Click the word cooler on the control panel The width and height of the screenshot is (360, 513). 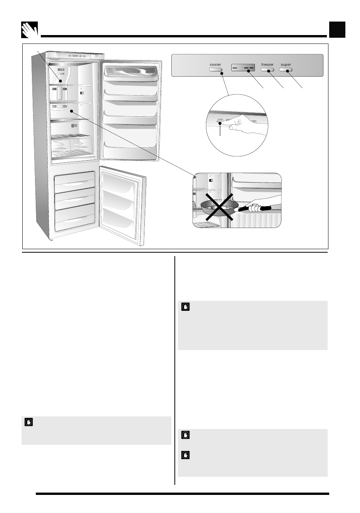(x=216, y=65)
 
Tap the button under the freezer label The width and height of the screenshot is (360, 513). (x=267, y=70)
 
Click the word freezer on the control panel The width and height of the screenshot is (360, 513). (x=267, y=65)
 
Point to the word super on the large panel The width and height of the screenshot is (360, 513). (x=286, y=65)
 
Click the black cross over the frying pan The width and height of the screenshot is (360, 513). (x=218, y=207)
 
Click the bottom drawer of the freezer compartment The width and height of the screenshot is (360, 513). (x=74, y=220)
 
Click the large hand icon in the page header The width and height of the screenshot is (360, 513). (x=30, y=30)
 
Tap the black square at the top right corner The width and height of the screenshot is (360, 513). (x=337, y=30)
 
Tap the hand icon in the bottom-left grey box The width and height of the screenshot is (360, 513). (x=28, y=422)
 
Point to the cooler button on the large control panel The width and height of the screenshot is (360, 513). (x=216, y=70)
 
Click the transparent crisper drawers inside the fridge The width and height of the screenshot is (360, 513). (x=72, y=146)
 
